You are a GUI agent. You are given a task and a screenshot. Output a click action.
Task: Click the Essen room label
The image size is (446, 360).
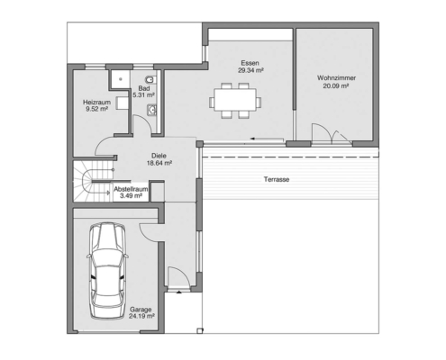coord(250,63)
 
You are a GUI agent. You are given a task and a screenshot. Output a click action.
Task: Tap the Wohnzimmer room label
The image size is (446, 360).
coord(336,78)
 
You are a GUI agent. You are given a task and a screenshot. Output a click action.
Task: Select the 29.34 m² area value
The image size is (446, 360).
coord(250,70)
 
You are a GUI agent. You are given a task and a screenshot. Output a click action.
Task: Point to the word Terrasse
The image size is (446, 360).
coord(277,179)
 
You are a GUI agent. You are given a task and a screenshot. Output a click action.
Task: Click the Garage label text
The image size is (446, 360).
coord(141,310)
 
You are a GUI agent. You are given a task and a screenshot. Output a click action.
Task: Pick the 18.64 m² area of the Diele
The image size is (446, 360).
coord(159,163)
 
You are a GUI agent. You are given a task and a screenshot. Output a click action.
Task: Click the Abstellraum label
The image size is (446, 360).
coord(131,189)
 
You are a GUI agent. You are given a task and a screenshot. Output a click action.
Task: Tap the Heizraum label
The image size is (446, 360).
coord(96,103)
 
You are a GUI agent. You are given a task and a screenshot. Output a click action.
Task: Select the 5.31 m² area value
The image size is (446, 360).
coord(143,95)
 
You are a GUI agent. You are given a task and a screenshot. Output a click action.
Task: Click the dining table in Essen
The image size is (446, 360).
coord(235,100)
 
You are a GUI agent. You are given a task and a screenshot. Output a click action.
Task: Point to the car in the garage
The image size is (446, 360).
coord(107,271)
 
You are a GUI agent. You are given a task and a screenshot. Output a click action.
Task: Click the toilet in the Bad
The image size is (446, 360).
coord(150,80)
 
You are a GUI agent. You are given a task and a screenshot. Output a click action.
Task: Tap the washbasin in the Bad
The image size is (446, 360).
coord(151,110)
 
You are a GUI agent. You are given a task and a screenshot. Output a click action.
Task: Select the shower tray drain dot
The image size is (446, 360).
coord(121,79)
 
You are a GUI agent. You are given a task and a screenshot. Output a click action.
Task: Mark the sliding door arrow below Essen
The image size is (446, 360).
coord(267,139)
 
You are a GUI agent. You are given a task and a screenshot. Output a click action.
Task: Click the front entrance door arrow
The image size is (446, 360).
coord(179,292)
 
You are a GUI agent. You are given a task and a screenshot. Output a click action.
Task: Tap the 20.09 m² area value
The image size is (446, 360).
coord(336,86)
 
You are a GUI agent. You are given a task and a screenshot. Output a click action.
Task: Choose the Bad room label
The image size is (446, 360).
coord(144,88)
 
